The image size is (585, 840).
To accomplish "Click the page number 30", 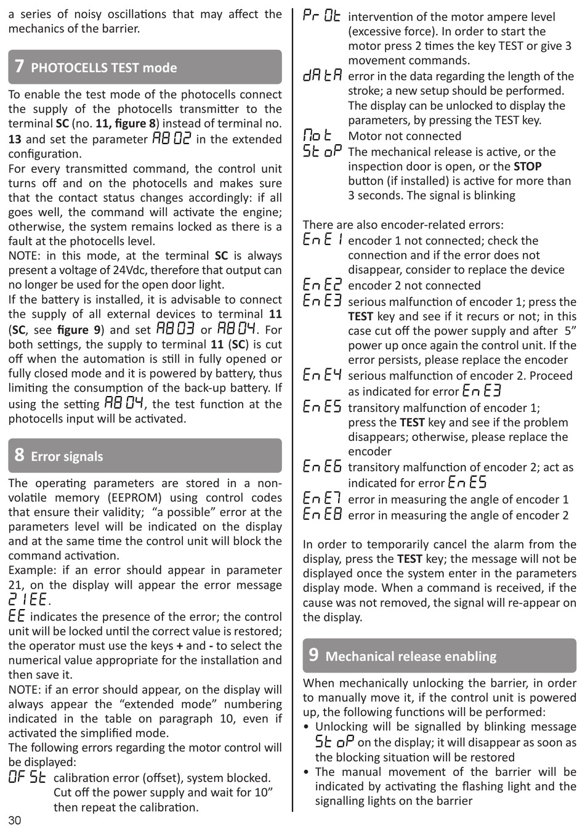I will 15,820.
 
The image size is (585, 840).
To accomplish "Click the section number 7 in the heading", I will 20,67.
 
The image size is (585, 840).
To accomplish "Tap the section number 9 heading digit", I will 314,655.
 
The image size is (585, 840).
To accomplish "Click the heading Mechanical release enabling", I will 411,656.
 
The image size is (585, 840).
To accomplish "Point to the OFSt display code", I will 27,777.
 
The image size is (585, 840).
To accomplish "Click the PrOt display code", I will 321,17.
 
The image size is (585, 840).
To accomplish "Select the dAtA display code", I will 322,76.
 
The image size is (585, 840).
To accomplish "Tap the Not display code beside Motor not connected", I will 318,135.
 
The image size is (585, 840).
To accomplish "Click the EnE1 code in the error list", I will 322,240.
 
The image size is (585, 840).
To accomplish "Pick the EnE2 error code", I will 322,285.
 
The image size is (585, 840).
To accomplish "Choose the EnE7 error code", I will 322,499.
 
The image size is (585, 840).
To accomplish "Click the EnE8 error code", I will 322,515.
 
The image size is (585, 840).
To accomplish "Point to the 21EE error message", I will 28,600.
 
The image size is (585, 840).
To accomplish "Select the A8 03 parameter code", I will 175,329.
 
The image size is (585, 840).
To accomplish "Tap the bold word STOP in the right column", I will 527,166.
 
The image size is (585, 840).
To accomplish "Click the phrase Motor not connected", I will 405,136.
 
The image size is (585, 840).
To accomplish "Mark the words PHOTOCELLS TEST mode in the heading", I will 104,68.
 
